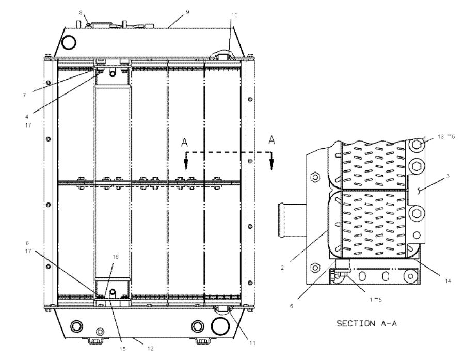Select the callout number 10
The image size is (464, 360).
click(x=235, y=15)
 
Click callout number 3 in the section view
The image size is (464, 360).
click(x=447, y=177)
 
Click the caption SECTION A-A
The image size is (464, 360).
click(x=367, y=324)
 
